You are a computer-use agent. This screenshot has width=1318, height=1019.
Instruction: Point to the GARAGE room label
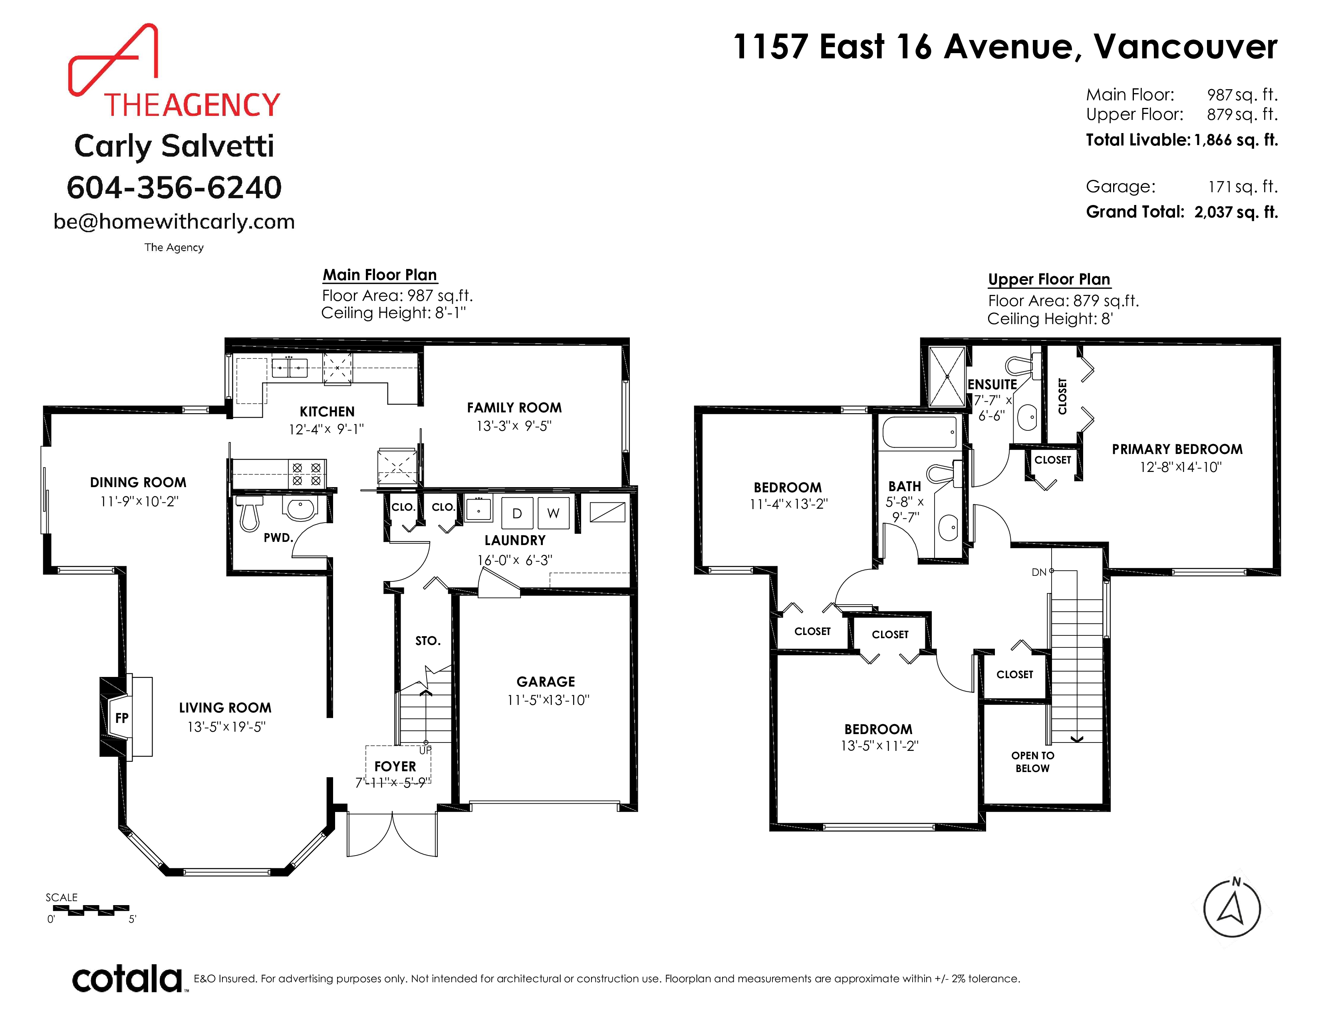(x=546, y=682)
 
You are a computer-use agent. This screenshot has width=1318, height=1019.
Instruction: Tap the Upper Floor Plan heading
(x=1049, y=279)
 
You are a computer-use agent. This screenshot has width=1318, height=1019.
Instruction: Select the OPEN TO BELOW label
(x=1032, y=762)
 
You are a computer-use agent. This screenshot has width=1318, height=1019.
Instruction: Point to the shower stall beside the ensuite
(x=947, y=377)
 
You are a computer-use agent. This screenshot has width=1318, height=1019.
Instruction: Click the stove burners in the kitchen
(x=307, y=474)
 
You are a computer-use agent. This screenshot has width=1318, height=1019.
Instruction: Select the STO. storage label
(x=428, y=641)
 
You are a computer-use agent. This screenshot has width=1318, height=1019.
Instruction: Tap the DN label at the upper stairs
(x=1038, y=572)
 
